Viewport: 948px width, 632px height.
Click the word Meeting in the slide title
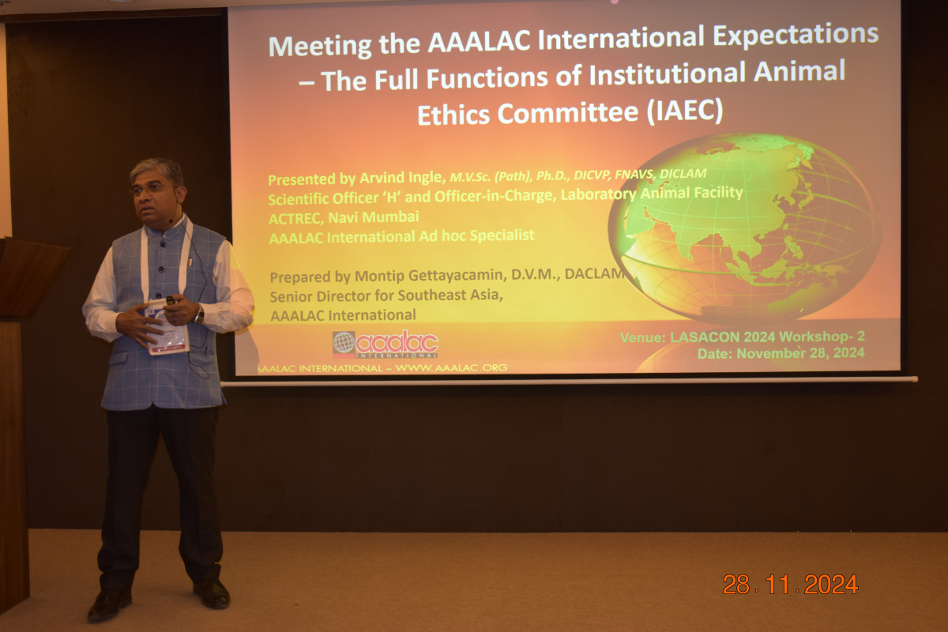320,46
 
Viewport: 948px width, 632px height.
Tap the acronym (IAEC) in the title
685,111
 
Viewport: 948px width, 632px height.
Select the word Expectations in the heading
796,35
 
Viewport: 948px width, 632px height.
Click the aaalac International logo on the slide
386,344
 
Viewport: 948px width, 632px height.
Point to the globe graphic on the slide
745,228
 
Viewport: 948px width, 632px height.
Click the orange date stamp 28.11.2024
790,585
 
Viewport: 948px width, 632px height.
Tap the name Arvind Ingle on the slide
401,178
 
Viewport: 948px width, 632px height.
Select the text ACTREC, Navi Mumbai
344,217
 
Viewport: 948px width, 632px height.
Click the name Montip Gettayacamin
431,276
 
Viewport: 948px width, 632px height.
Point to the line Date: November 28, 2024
781,353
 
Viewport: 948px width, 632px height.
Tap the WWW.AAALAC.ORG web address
452,368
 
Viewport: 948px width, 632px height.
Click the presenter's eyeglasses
152,190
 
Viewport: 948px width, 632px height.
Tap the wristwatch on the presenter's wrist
199,315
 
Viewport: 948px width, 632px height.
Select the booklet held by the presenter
167,327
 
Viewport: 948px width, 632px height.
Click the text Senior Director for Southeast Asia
386,295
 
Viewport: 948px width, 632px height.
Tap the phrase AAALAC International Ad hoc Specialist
401,236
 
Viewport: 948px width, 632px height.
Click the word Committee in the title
568,113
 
